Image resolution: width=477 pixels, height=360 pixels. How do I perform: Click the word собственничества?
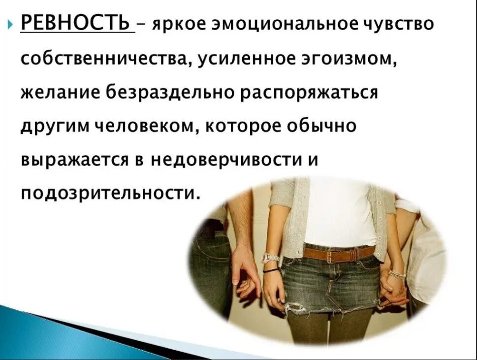(100, 60)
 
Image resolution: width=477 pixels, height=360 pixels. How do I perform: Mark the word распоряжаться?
(309, 93)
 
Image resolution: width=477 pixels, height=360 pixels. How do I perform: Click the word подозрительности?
(110, 193)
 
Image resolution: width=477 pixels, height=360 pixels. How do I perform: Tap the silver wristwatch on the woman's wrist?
(270, 258)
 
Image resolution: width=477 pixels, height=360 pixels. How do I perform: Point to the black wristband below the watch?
(270, 270)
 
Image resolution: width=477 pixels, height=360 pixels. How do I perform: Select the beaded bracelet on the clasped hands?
(396, 274)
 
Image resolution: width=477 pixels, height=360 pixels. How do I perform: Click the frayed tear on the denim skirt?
(295, 308)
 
